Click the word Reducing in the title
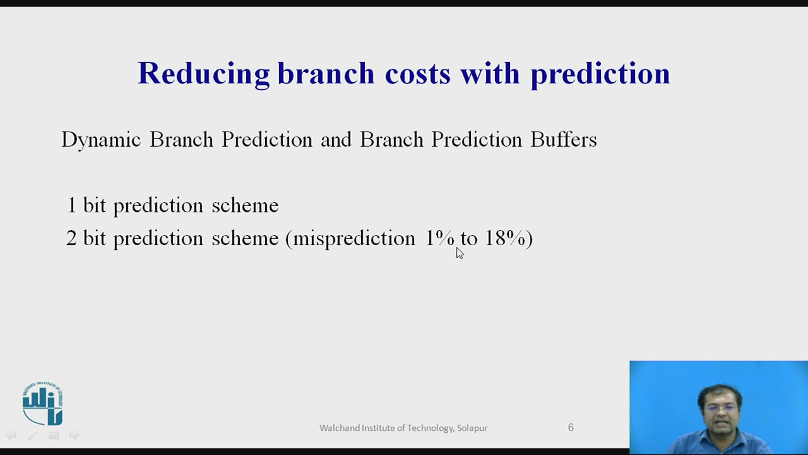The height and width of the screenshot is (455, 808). coord(203,74)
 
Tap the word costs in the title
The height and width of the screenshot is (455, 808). coord(417,74)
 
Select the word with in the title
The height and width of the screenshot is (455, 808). coord(490,74)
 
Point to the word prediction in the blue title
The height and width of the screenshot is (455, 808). coord(599,74)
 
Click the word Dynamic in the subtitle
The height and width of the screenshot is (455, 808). coord(100,140)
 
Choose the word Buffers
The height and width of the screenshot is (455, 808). coord(563,140)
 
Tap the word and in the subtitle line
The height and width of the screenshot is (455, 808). coord(336,140)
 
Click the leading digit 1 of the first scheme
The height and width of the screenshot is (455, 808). coord(71,205)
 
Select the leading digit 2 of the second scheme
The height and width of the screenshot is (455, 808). coord(71,238)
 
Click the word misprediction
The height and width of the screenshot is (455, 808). coord(354,238)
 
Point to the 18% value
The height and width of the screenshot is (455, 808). coord(505,238)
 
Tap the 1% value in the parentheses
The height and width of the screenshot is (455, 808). coord(439,238)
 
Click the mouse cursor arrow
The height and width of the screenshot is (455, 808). coord(459,253)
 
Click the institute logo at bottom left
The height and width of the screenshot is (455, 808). coord(43,403)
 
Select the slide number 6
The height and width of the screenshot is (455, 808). coord(571,428)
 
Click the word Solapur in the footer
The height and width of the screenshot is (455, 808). coord(472,428)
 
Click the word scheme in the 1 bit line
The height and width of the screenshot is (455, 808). coord(245,205)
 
